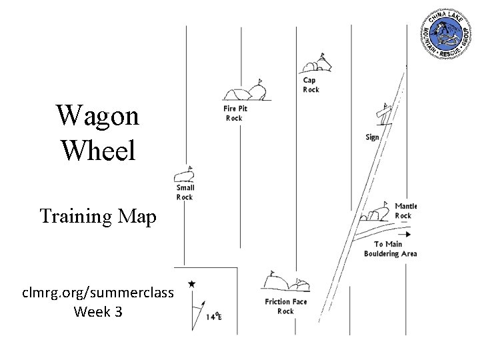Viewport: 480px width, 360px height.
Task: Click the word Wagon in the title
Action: point(97,116)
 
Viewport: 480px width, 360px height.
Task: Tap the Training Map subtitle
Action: point(97,216)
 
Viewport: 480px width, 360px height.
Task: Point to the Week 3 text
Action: point(97,311)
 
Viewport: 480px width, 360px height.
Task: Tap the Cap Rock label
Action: point(311,85)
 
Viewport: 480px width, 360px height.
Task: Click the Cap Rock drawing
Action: point(315,65)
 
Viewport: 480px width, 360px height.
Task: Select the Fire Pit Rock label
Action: point(234,113)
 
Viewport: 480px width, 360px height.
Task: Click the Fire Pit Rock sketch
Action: point(246,93)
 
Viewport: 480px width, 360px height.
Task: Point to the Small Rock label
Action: point(185,193)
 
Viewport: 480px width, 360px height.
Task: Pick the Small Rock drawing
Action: point(183,175)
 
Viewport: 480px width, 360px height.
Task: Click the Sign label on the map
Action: point(372,137)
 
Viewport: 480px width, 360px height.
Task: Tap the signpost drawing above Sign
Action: point(383,115)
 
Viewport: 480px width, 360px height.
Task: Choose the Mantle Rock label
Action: point(405,211)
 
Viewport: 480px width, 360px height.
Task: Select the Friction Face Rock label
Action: point(285,307)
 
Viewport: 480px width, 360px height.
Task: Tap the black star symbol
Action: point(192,284)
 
